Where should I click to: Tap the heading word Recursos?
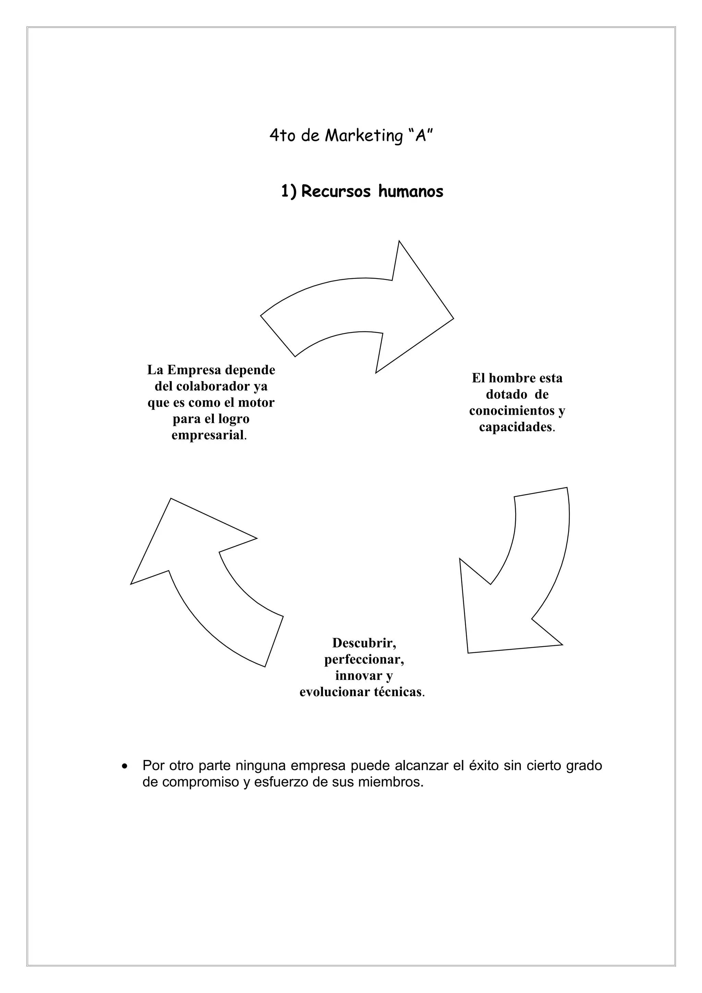click(336, 191)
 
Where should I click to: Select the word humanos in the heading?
click(411, 191)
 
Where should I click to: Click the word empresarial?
click(208, 435)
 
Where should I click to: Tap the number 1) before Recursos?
click(289, 191)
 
